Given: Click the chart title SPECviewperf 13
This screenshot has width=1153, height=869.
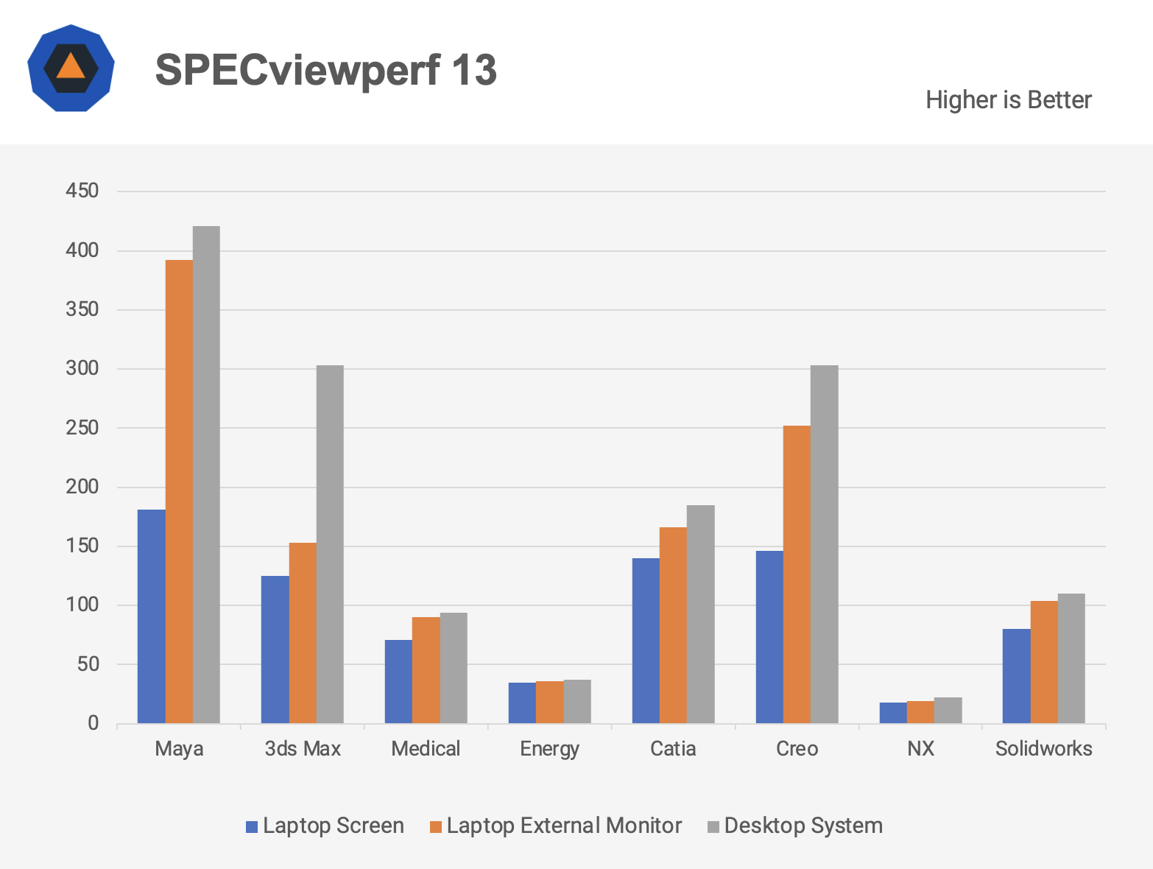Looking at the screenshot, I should pos(325,70).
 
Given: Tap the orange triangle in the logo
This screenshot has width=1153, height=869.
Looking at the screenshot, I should pos(71,66).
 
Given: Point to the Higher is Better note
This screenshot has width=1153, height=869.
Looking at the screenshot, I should pos(1008,100).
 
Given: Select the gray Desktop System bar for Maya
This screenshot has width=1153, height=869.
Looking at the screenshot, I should pos(206,474).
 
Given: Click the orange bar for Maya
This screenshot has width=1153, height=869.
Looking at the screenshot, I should pos(179,491).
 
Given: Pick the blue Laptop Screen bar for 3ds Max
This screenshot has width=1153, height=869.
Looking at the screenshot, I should pos(275,649).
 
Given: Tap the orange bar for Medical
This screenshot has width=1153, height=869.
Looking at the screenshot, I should pos(426,669).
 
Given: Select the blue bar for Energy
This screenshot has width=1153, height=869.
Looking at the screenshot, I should pos(522,703).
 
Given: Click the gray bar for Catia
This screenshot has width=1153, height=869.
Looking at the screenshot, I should pos(700,613).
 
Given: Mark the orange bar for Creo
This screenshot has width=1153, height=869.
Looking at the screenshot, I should pos(797,574).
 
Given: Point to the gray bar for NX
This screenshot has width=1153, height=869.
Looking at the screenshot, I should pos(948,710).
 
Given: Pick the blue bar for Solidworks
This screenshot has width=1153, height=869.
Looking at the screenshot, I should pos(1016,675).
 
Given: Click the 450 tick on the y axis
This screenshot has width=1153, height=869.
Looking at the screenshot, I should pos(82,191).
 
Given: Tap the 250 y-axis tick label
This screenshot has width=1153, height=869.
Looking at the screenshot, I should pos(82,428).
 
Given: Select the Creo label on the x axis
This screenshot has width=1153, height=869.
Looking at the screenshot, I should pos(797,749).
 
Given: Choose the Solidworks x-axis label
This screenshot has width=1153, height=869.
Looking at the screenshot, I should pos(1043,749).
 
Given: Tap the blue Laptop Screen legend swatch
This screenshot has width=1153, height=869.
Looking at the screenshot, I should pos(252,827).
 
